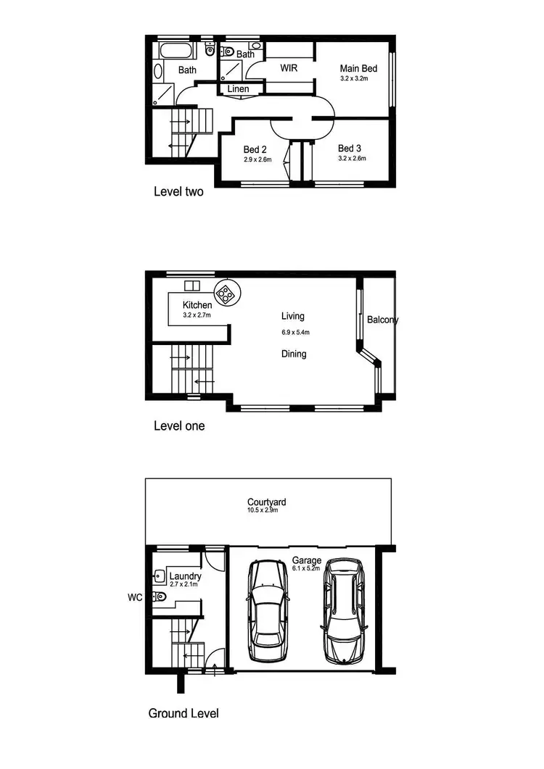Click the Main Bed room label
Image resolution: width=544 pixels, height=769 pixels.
point(354,68)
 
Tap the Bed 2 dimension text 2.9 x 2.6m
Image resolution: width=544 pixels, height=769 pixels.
point(257,159)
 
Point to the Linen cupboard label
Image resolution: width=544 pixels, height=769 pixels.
point(239,89)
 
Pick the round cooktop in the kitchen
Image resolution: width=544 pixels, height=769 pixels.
point(227,294)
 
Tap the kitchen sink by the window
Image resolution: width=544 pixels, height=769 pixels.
point(191,286)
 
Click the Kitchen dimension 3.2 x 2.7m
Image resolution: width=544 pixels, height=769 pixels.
point(197,315)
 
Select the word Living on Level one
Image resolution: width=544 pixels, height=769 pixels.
point(293,316)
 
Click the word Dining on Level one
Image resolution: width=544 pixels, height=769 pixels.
point(294,354)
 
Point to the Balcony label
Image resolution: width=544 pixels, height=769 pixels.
point(382,320)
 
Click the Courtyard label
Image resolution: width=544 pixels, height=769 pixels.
point(266,502)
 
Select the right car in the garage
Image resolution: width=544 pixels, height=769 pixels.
point(343,611)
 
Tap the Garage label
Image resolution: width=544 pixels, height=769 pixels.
point(307,560)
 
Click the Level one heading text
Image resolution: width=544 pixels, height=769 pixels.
point(179,425)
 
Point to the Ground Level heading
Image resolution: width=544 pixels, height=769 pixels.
point(184,713)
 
